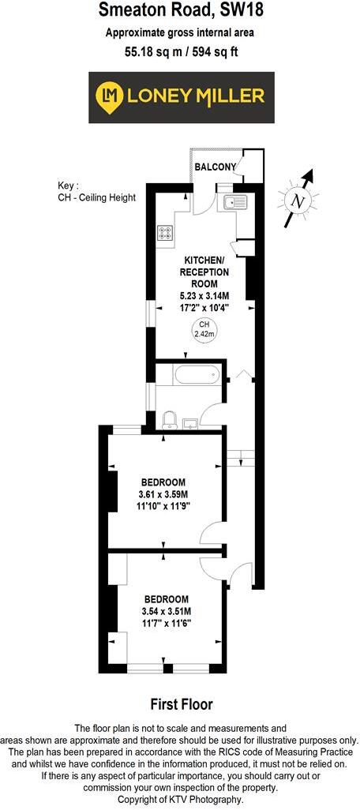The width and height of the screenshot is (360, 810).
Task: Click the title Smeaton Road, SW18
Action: coord(180,11)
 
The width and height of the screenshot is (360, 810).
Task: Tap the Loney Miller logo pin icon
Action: coord(108,96)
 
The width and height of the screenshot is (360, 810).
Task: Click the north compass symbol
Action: coord(298,201)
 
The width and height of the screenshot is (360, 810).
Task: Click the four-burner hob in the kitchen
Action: coord(166,232)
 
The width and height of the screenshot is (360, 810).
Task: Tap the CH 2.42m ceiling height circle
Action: coord(204,329)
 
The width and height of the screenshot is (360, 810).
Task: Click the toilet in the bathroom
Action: coord(168,418)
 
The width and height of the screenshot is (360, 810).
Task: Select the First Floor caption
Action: coord(181,703)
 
